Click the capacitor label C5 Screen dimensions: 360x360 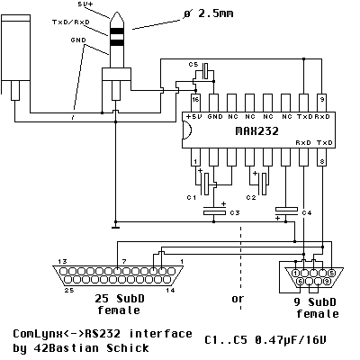pos(193,65)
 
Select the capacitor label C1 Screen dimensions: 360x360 pos(191,195)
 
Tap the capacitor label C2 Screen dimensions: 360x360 pos(252,195)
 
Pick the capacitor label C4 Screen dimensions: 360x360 pos(307,212)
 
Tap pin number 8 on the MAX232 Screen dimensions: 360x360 pos(322,161)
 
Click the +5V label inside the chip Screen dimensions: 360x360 pos(193,116)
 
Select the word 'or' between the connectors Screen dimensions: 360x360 pos(237,298)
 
